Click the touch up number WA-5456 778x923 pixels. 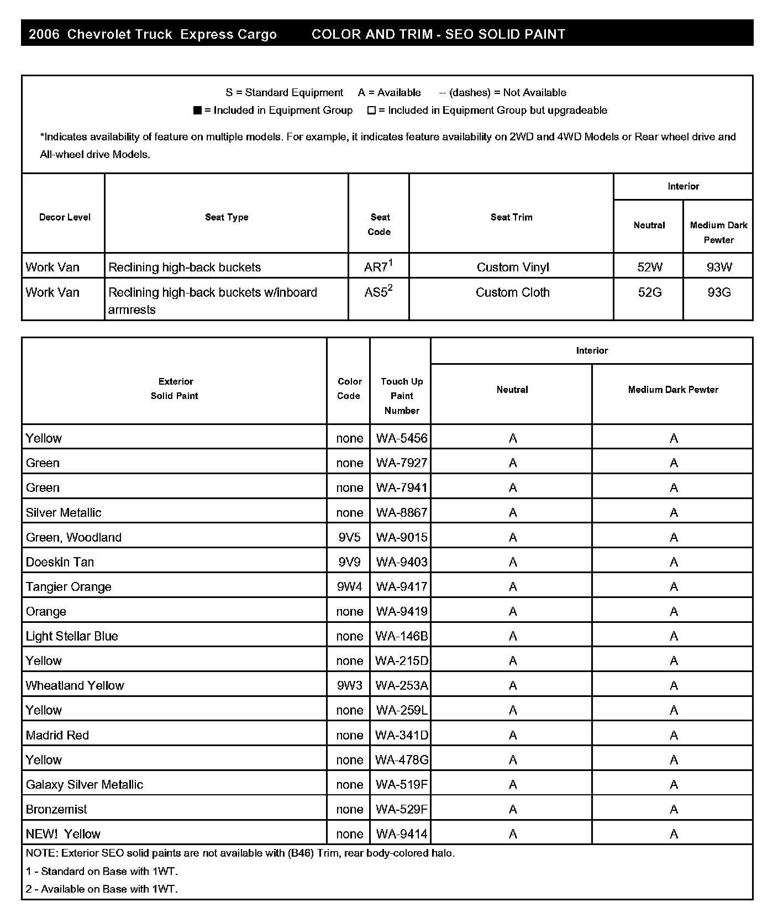402,438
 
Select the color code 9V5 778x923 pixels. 349,537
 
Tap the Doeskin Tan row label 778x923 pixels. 60,562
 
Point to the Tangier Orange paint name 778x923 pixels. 69,587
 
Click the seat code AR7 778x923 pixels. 378,267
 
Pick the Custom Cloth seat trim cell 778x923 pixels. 512,292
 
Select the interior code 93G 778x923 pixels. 719,292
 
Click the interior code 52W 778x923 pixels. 649,268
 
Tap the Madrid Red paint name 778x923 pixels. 57,735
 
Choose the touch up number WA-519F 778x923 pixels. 402,785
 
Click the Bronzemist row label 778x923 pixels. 56,809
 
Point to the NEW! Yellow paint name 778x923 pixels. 63,834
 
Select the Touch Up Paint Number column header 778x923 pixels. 402,396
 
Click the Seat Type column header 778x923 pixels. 227,217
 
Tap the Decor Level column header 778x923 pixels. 65,217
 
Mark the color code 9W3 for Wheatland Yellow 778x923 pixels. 349,686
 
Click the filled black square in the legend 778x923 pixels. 197,111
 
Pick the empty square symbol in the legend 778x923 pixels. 371,111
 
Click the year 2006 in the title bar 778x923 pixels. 44,34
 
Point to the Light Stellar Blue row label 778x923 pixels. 72,636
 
